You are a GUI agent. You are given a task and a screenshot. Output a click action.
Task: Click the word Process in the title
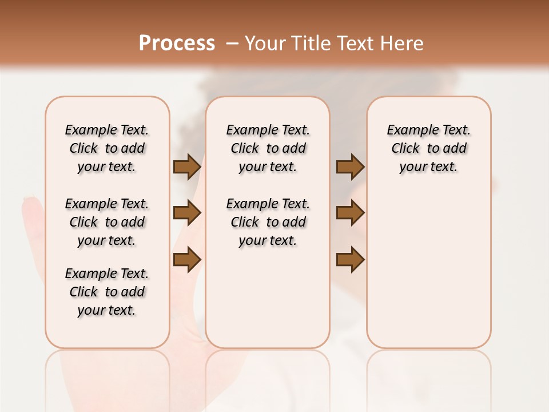point(177,43)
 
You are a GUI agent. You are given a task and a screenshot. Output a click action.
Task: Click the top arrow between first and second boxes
point(187,167)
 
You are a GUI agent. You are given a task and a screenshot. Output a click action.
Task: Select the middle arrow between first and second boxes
point(187,213)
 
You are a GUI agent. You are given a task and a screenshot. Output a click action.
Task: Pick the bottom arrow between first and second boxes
point(187,259)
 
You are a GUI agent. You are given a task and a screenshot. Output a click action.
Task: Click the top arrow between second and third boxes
point(350,167)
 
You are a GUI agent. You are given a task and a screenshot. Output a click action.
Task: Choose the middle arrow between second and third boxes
point(350,213)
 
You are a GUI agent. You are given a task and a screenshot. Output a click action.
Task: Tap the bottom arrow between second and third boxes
point(350,259)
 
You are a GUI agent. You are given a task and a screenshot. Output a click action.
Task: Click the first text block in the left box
point(107,148)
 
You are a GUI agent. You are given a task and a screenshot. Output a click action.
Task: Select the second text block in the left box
point(107,222)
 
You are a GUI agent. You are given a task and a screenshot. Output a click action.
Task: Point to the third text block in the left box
point(107,292)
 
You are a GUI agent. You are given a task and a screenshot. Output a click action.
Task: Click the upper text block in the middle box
point(268,148)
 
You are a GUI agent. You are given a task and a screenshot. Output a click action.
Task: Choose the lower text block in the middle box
point(268,222)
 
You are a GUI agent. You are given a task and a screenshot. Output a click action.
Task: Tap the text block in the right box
point(428,148)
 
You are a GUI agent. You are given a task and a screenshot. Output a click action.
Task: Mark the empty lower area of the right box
point(428,269)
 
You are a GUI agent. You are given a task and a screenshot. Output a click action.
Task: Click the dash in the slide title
point(232,43)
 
